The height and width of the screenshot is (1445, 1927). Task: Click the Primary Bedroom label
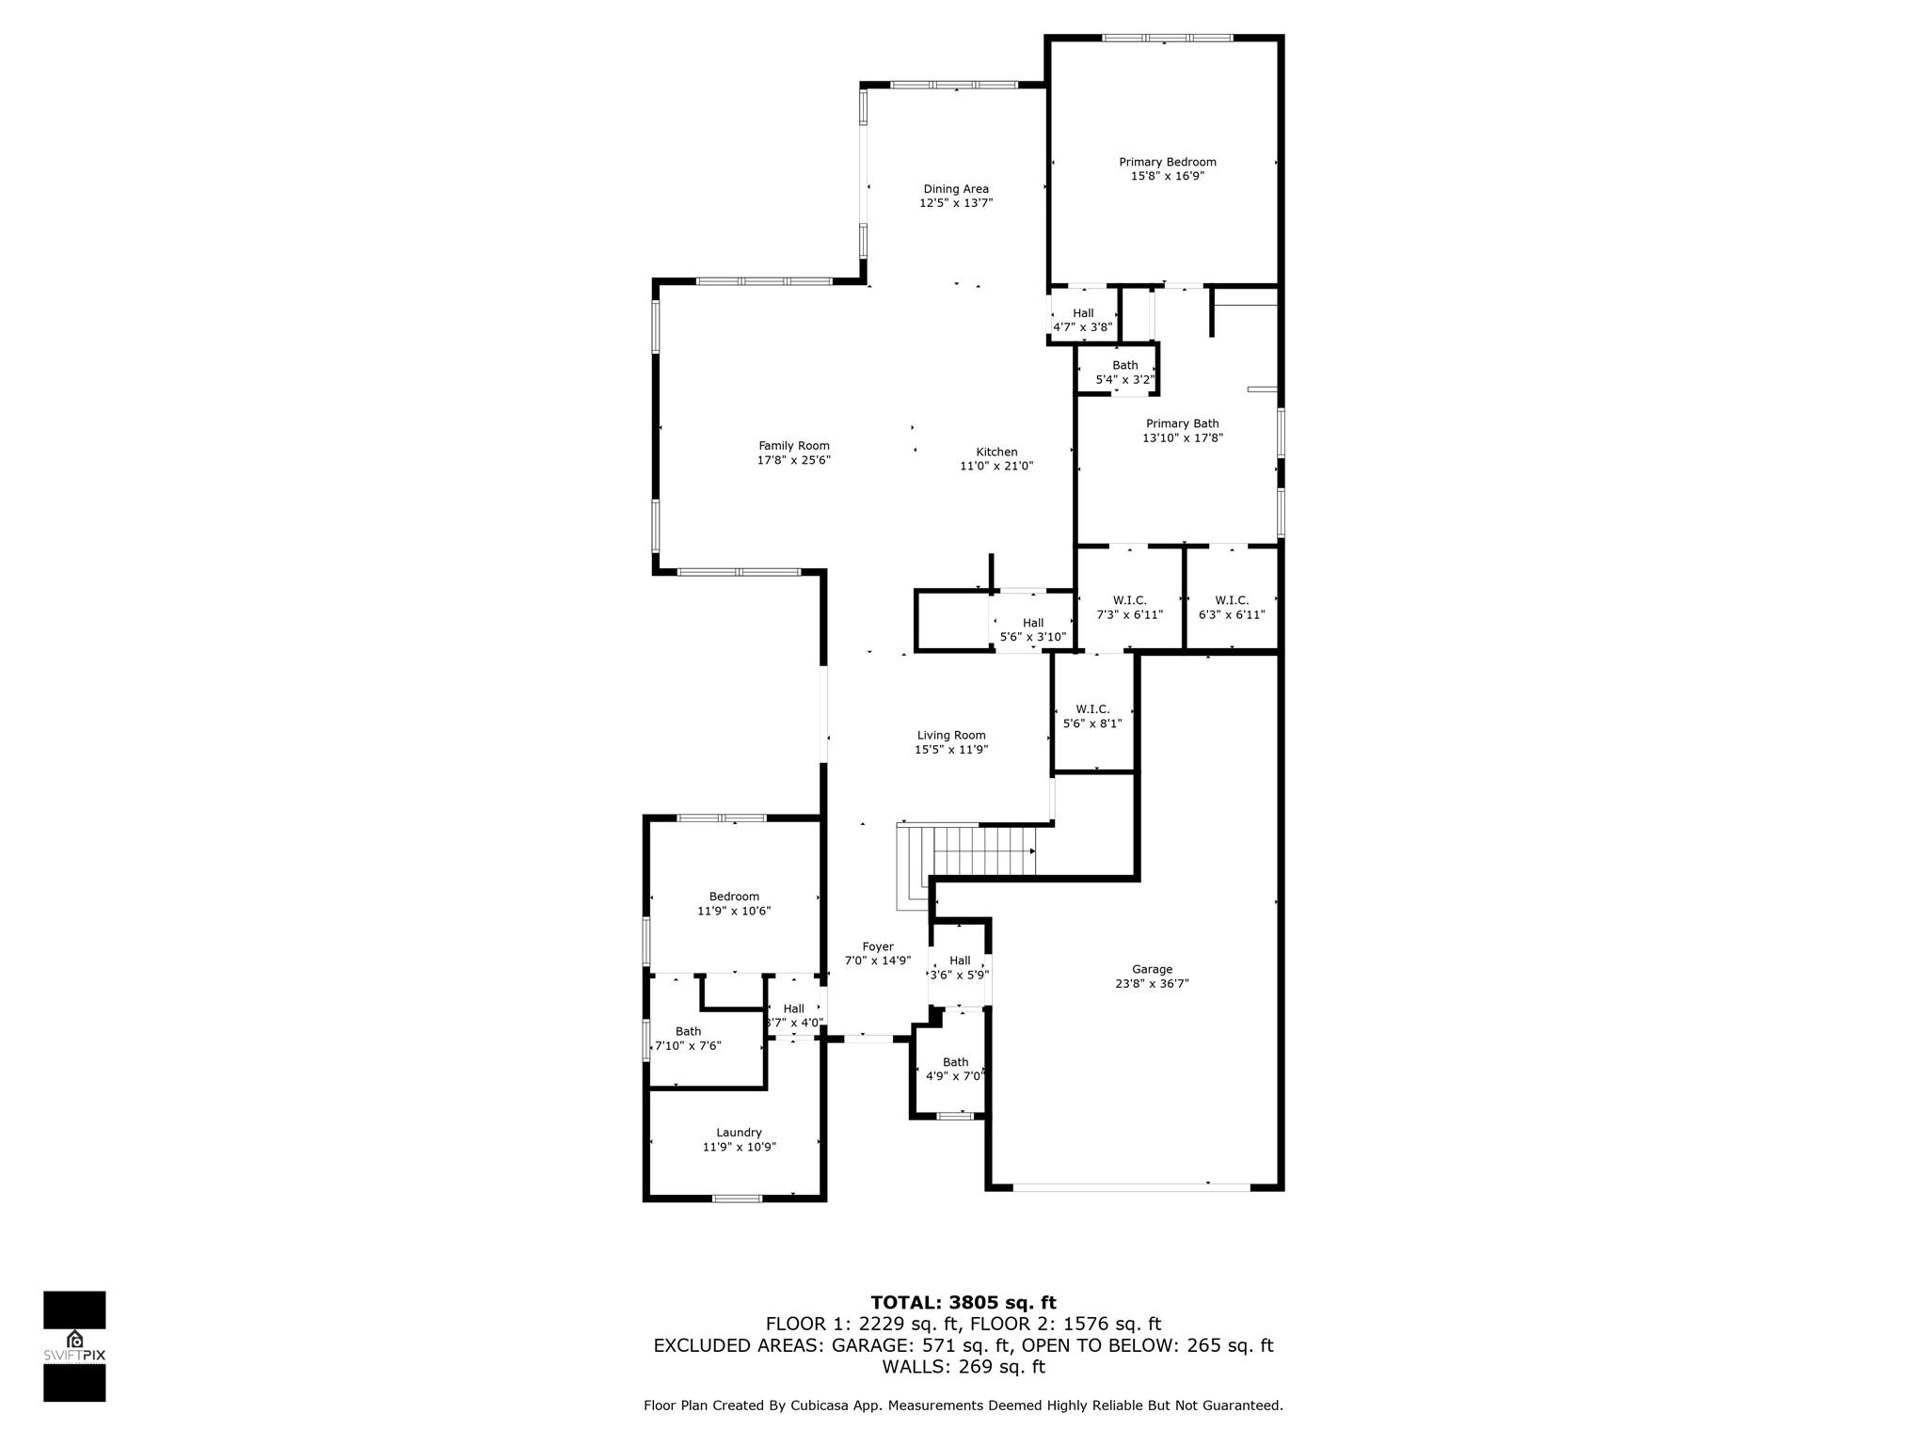[1167, 162]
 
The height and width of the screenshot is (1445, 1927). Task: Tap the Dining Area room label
[956, 189]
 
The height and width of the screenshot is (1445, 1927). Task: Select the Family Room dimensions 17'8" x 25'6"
[794, 460]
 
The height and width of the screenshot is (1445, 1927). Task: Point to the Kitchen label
[996, 452]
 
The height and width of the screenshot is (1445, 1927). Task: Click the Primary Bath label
[1183, 423]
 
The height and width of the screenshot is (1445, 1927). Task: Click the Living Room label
[951, 736]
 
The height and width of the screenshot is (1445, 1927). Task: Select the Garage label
[1152, 969]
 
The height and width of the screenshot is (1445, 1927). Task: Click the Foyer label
[878, 946]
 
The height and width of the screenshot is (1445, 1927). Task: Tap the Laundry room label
[739, 1133]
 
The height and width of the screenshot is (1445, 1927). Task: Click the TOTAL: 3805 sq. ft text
[963, 1303]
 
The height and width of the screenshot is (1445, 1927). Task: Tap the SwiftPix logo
[74, 1346]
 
